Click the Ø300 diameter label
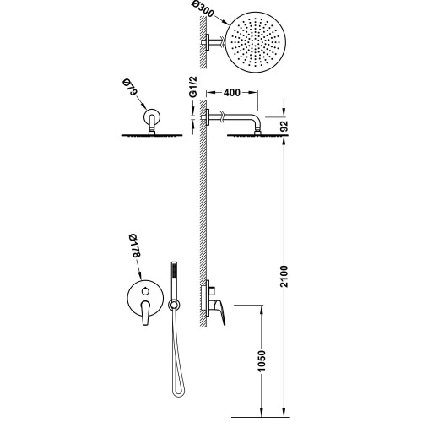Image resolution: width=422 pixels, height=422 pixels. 203,10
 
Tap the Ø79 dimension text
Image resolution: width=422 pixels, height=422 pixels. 130,88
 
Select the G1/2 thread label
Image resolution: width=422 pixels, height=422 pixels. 193,87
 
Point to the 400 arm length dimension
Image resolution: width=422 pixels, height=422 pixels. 232,92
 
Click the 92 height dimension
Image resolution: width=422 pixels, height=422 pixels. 284,126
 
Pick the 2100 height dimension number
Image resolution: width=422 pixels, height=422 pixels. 284,276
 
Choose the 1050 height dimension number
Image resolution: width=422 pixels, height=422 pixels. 262,361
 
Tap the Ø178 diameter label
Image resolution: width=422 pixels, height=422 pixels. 134,245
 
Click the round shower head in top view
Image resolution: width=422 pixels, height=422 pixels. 256,42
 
